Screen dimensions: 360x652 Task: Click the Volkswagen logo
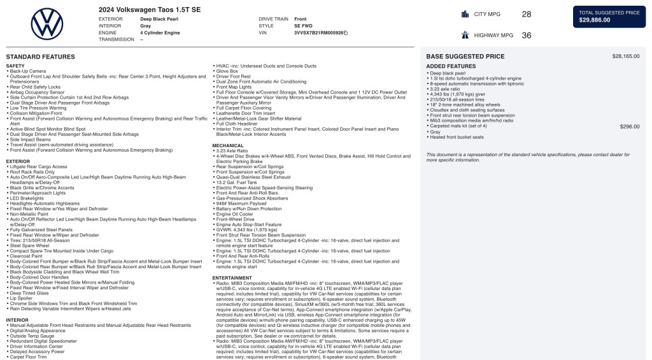47,24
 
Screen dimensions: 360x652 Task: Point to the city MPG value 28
527,14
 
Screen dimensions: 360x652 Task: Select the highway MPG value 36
527,36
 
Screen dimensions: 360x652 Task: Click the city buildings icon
464,14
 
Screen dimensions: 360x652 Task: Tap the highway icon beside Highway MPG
464,36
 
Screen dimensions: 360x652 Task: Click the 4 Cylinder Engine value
160,32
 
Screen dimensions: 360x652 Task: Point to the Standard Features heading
40,57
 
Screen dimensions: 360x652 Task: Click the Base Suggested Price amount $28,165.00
626,56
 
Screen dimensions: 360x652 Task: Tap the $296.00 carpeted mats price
630,126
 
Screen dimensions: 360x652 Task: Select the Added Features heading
451,66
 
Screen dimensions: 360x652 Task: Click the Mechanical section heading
227,145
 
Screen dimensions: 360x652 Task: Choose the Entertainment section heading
232,278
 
